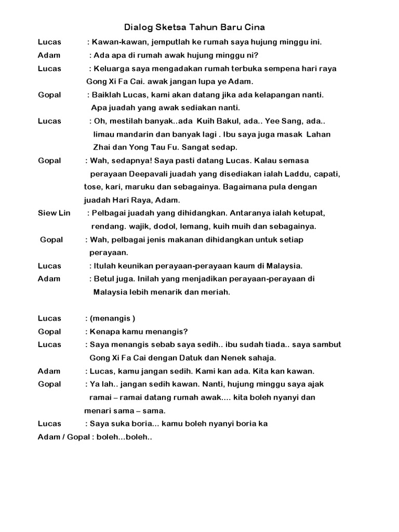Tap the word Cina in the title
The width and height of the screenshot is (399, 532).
pos(255,26)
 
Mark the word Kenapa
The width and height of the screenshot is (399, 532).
pos(105,331)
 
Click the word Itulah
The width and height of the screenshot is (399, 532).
pos(105,265)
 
